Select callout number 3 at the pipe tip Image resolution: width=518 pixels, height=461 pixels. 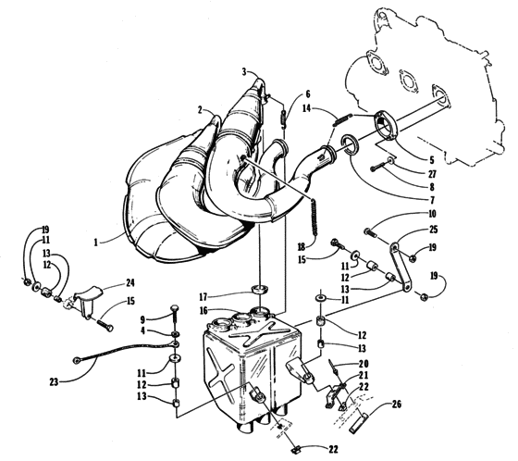click(245, 71)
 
